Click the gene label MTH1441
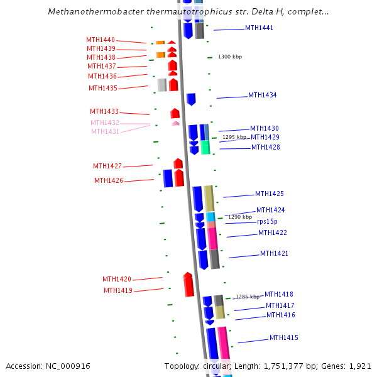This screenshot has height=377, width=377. click(x=259, y=28)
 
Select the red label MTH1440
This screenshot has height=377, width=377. click(x=101, y=40)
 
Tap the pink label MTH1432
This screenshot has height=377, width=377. click(x=104, y=123)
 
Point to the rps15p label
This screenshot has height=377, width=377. click(x=267, y=221)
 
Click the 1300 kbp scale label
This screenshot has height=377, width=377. click(x=230, y=57)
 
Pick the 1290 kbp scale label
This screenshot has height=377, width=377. click(x=240, y=217)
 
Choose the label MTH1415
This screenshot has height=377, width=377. click(x=284, y=338)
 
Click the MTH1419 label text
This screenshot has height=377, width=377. click(x=117, y=290)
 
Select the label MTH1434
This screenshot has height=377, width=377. click(x=262, y=96)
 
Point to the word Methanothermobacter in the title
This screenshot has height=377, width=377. click(x=90, y=12)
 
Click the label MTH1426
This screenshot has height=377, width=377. click(x=109, y=180)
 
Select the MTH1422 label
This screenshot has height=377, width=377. click(x=273, y=233)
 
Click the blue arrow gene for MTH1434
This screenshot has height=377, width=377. click(x=191, y=99)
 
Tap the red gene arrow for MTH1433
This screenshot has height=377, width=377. click(x=175, y=114)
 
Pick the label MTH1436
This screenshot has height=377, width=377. click(x=102, y=76)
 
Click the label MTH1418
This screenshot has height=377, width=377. click(x=278, y=294)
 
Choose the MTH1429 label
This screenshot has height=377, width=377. click(x=265, y=138)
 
